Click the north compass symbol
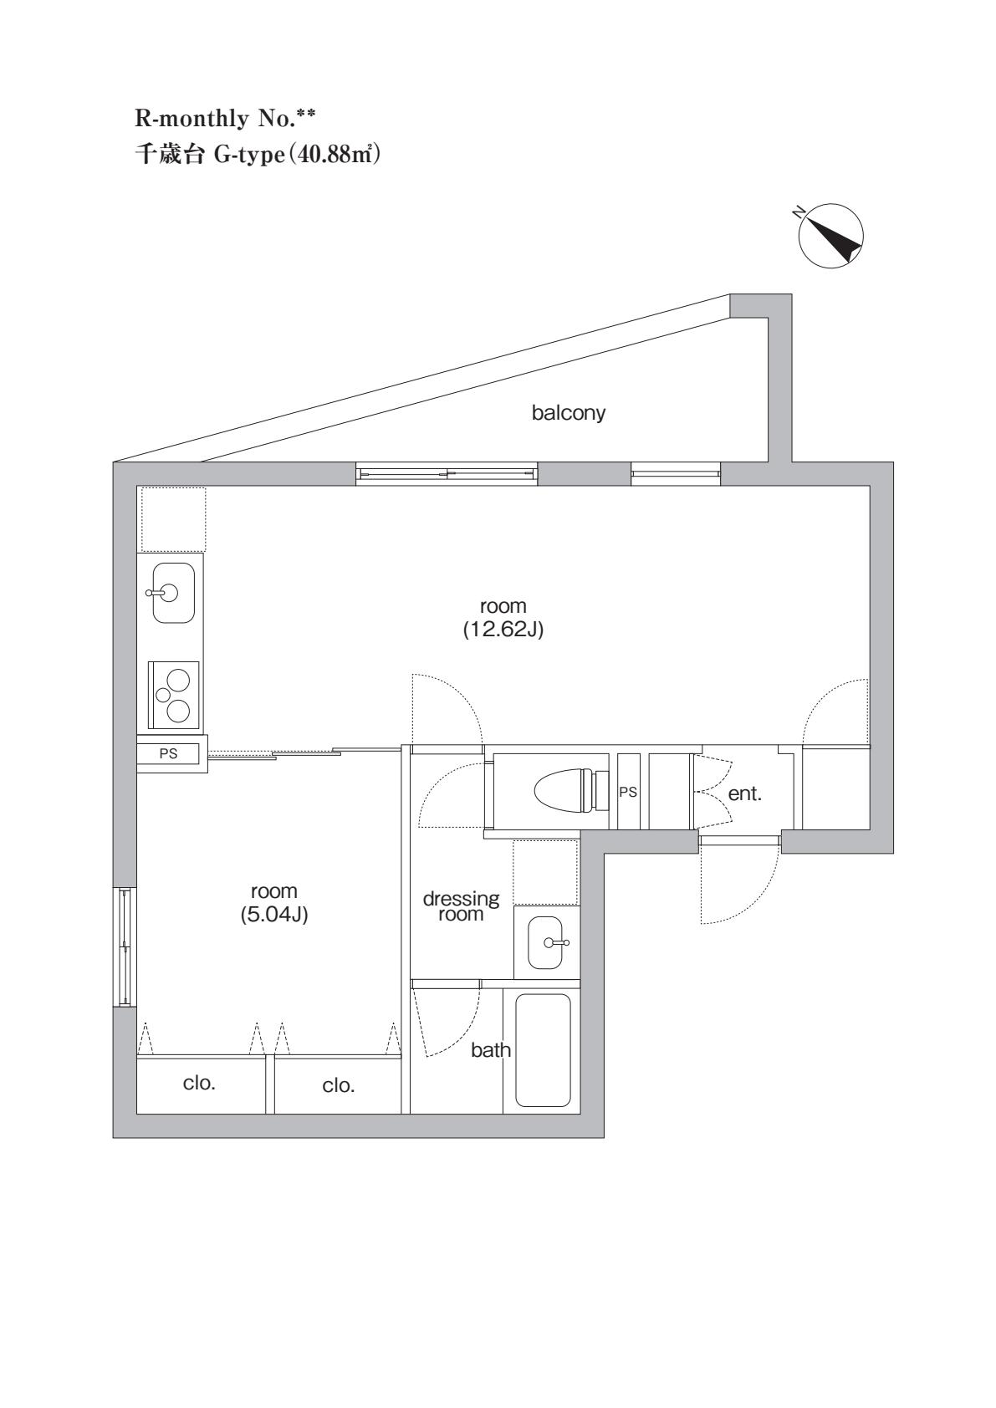point(830,237)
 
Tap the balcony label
point(569,413)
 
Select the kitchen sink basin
point(173,593)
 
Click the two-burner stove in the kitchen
point(174,694)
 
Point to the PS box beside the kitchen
point(170,753)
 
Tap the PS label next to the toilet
point(628,792)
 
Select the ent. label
point(744,794)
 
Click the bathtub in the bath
point(543,1049)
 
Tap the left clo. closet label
point(199,1084)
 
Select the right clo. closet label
point(339,1086)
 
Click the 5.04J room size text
point(274,916)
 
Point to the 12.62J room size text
point(503,630)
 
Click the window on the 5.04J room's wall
point(124,947)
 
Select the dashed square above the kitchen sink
point(173,519)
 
